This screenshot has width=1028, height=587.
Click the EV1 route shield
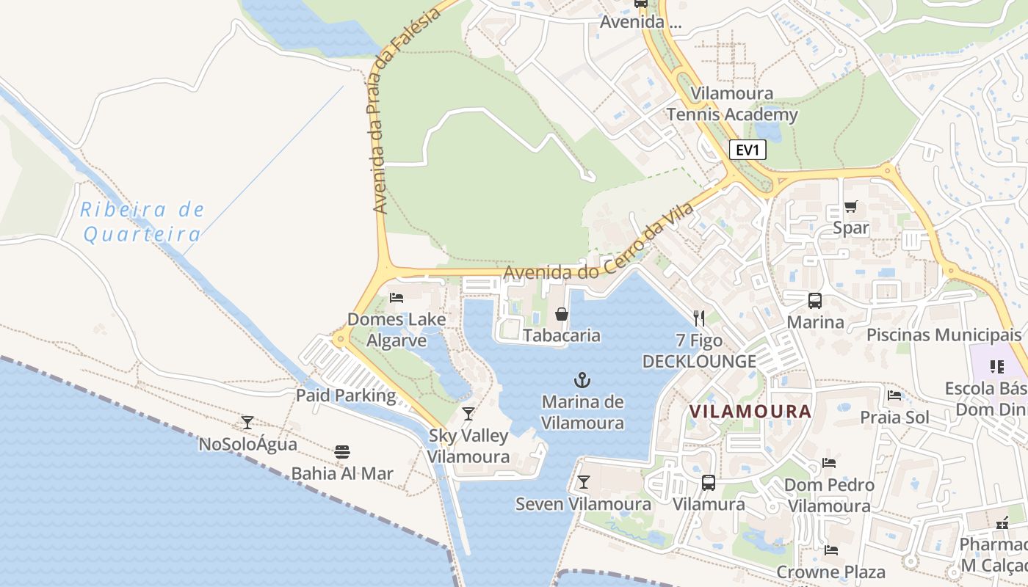(x=748, y=150)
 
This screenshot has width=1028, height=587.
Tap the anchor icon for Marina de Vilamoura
(x=582, y=380)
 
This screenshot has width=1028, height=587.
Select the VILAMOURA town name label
(x=750, y=412)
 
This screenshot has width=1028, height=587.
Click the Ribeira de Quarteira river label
(x=142, y=222)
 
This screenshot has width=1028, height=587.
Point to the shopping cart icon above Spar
(x=850, y=206)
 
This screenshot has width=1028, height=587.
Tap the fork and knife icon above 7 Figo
(x=698, y=318)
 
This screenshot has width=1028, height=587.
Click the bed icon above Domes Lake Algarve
(x=397, y=297)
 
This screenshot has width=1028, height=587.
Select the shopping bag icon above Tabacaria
(x=561, y=314)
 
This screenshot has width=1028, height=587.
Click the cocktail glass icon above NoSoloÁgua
(x=247, y=423)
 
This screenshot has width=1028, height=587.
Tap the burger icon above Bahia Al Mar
(x=341, y=452)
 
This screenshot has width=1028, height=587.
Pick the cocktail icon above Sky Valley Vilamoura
(x=468, y=414)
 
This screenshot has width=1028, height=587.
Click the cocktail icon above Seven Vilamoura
(x=583, y=482)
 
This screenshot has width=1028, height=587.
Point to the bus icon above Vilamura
(x=708, y=482)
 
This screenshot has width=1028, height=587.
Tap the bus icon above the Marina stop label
(x=814, y=300)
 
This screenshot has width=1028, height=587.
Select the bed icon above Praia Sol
(x=894, y=395)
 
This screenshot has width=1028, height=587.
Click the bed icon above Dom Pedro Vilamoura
(x=829, y=463)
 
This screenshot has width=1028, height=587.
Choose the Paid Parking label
(x=345, y=395)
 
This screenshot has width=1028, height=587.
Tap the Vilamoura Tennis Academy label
(x=731, y=104)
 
